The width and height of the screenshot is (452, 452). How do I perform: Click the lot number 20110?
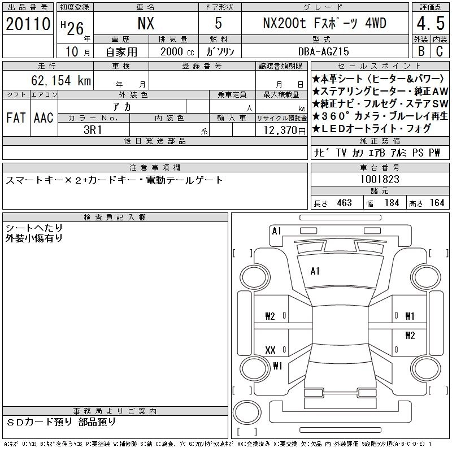pyautogui.click(x=28, y=24)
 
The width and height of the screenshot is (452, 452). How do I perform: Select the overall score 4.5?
pyautogui.click(x=431, y=23)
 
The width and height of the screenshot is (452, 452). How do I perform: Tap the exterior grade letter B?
pyautogui.click(x=421, y=51)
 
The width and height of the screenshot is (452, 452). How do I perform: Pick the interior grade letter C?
pyautogui.click(x=440, y=51)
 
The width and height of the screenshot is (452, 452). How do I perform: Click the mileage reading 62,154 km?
pyautogui.click(x=61, y=80)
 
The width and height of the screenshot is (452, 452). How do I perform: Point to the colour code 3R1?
pyautogui.click(x=93, y=130)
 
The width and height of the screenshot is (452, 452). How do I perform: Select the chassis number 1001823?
pyautogui.click(x=380, y=179)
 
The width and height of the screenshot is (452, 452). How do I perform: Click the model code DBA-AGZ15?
pyautogui.click(x=323, y=51)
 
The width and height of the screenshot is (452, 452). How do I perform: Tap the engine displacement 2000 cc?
pyautogui.click(x=177, y=51)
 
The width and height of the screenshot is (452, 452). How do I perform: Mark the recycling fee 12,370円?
pyautogui.click(x=285, y=131)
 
